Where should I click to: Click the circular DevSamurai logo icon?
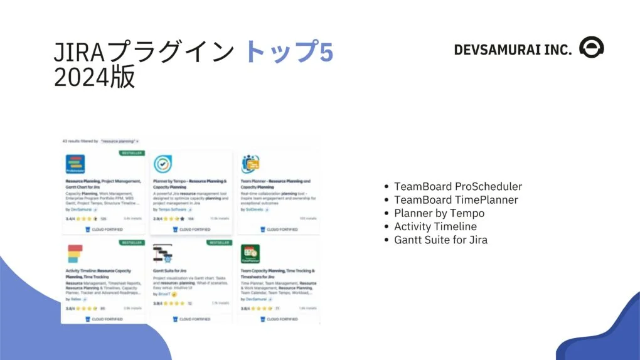click(x=591, y=48)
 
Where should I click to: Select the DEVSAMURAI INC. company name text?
click(x=512, y=50)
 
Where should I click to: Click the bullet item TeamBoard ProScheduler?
click(x=457, y=186)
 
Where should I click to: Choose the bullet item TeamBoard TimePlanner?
click(x=456, y=199)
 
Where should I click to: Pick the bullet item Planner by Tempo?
click(x=439, y=213)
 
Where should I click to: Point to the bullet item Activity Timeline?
click(x=435, y=226)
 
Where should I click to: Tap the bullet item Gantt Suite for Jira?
click(x=440, y=240)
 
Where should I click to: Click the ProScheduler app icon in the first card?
click(x=75, y=164)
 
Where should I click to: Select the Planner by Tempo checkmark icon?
click(x=163, y=164)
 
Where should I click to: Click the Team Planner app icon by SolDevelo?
click(x=250, y=164)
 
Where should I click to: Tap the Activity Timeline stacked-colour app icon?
click(x=75, y=254)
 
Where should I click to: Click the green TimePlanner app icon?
click(x=250, y=254)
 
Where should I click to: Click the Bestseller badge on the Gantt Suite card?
click(x=220, y=242)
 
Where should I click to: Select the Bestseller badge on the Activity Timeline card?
click(x=132, y=242)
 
